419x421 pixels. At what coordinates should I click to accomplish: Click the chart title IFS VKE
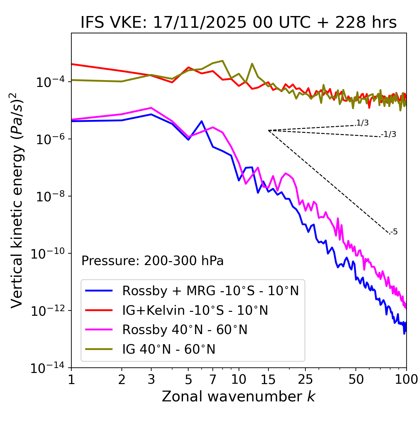point(239,23)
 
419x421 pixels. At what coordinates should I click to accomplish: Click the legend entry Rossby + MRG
point(210,291)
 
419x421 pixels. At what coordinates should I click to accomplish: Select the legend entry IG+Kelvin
point(195,310)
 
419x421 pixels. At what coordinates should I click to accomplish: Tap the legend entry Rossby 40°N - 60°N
point(185,330)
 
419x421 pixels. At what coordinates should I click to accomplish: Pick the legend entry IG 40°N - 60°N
point(169,349)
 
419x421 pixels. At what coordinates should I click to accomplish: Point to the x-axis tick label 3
point(151,379)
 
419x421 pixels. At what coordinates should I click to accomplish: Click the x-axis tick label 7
point(213,379)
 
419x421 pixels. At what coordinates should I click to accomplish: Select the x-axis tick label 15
point(268,379)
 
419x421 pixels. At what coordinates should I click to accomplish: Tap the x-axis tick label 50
point(356,379)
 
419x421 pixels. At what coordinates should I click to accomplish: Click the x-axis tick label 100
point(406,379)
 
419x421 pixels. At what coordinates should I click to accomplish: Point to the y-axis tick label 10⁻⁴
point(49,82)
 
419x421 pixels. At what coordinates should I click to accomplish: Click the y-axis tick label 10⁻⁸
point(49,196)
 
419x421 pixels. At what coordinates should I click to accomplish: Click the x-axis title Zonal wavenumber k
point(239,396)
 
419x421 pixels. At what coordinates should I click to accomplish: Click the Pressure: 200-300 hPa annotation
point(153,261)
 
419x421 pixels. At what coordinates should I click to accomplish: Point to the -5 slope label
point(394,232)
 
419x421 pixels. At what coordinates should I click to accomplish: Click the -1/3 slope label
point(389,134)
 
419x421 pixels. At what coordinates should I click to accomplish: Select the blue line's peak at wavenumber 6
point(202,121)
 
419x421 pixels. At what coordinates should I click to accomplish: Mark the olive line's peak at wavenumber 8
point(223,61)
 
